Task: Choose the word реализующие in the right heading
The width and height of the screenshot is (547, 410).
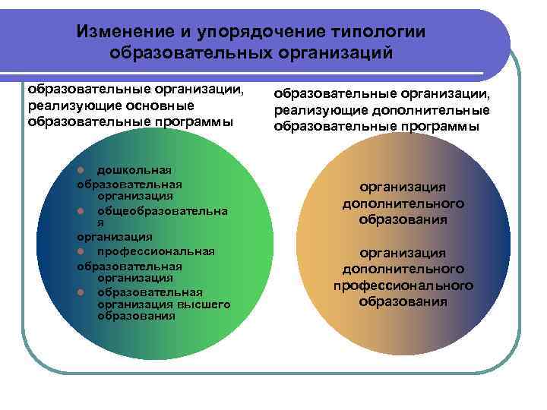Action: [x=312, y=111]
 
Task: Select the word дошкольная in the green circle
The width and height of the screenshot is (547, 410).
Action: [x=134, y=169]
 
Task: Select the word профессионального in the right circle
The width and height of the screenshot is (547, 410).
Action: [x=403, y=285]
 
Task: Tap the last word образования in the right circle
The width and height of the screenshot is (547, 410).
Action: [x=403, y=301]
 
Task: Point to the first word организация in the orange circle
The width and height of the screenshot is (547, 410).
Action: [x=403, y=187]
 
